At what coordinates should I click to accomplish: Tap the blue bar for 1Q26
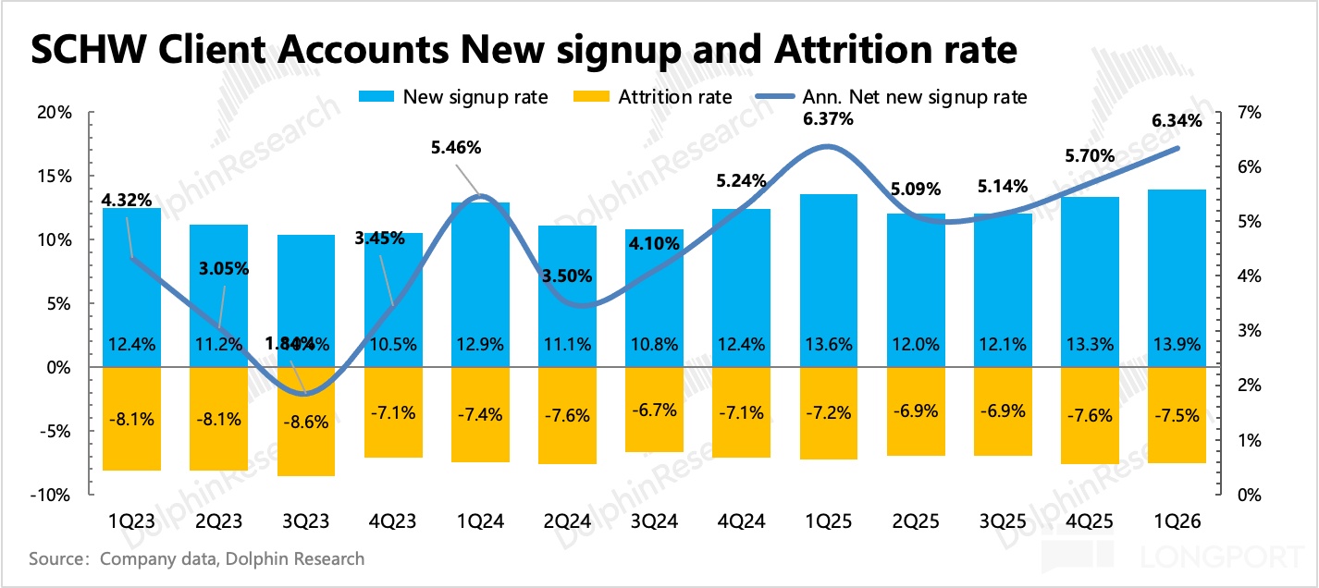(1177, 277)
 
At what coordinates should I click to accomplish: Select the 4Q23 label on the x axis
(393, 522)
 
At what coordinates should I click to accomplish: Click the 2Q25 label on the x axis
(916, 522)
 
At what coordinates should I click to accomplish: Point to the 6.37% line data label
(829, 119)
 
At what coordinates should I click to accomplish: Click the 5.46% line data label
(481, 148)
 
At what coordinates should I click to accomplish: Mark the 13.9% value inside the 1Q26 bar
(1177, 345)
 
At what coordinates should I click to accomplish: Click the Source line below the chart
(196, 558)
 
